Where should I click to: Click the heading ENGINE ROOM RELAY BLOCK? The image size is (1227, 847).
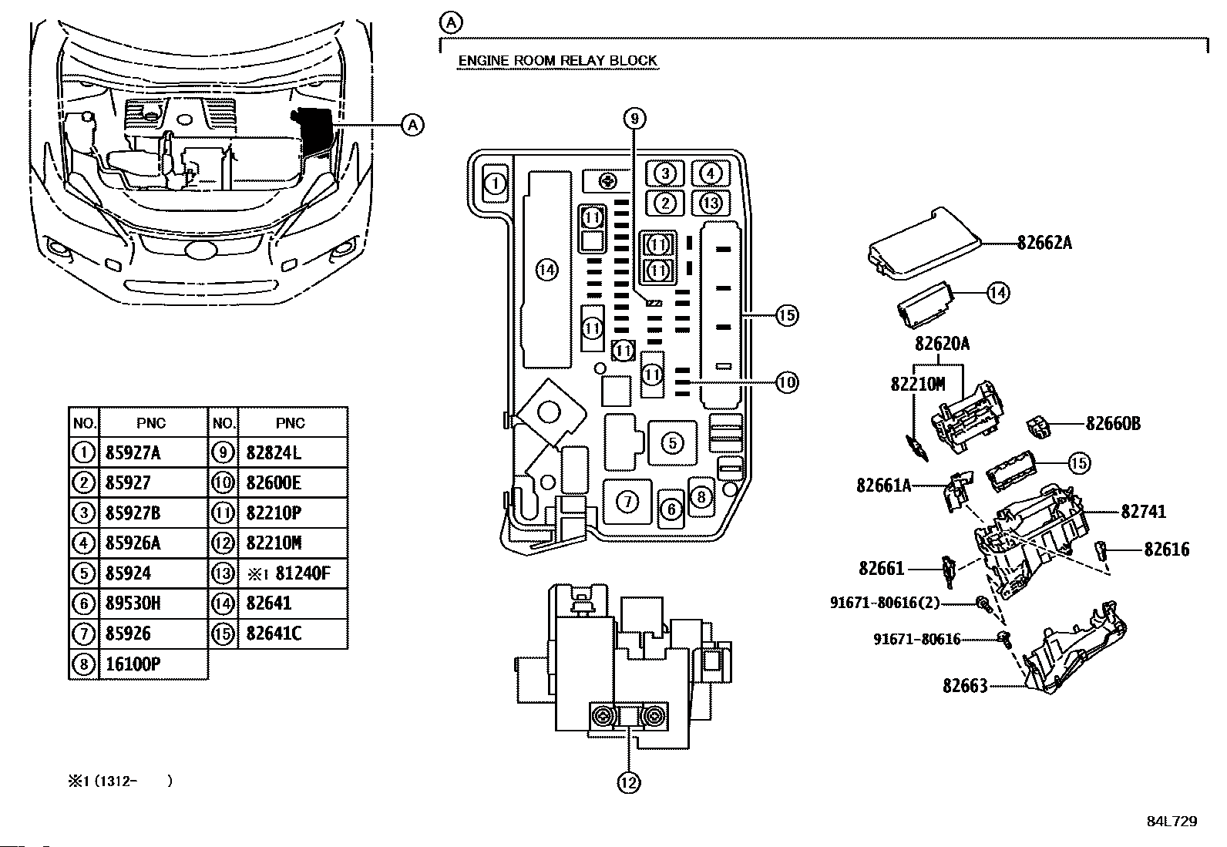(x=557, y=60)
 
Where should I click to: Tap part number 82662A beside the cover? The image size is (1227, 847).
(x=1044, y=243)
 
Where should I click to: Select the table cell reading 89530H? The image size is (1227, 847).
(x=133, y=603)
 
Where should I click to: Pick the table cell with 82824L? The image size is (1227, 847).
(x=274, y=452)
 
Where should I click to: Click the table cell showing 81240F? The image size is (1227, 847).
(x=302, y=573)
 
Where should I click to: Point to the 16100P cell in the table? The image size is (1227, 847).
(x=133, y=664)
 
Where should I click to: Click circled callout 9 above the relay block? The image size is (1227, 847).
(x=634, y=119)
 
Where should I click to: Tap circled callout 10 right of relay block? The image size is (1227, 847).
(x=787, y=381)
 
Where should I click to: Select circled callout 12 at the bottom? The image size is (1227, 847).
(x=628, y=782)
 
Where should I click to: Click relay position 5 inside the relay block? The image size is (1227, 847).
(x=673, y=442)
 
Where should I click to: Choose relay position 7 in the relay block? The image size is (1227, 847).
(x=627, y=501)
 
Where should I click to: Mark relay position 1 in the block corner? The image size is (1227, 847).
(x=496, y=183)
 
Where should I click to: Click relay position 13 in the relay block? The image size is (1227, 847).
(x=711, y=203)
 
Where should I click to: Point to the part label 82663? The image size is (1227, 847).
(x=965, y=685)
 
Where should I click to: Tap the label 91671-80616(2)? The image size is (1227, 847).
(x=885, y=603)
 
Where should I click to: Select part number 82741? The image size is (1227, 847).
(x=1143, y=512)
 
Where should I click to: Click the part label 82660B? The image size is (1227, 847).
(x=1113, y=424)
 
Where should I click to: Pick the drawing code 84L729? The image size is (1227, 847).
(x=1172, y=822)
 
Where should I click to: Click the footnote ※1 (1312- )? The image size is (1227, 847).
(x=120, y=781)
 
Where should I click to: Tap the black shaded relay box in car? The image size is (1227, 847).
(x=313, y=129)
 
